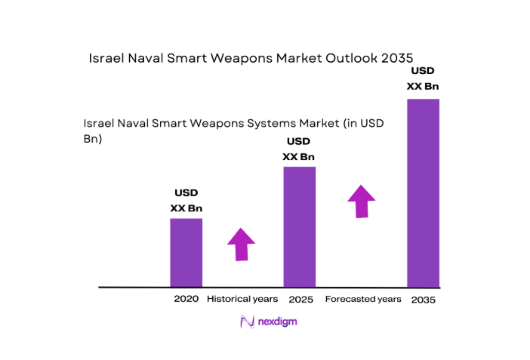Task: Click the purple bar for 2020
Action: pyautogui.click(x=186, y=252)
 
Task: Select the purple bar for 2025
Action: pyautogui.click(x=299, y=226)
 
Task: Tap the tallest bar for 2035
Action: pyautogui.click(x=423, y=192)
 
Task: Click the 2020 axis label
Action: pyautogui.click(x=186, y=299)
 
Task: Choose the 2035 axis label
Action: pyautogui.click(x=423, y=300)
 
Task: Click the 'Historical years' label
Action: pyautogui.click(x=242, y=299)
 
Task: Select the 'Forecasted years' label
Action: pyautogui.click(x=362, y=299)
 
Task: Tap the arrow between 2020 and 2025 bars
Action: pyautogui.click(x=241, y=244)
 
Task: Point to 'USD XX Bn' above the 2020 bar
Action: pyautogui.click(x=186, y=201)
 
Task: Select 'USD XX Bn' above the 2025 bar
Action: pyautogui.click(x=299, y=149)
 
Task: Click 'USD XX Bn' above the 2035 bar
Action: pyautogui.click(x=423, y=78)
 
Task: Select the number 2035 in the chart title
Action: pyautogui.click(x=397, y=57)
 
